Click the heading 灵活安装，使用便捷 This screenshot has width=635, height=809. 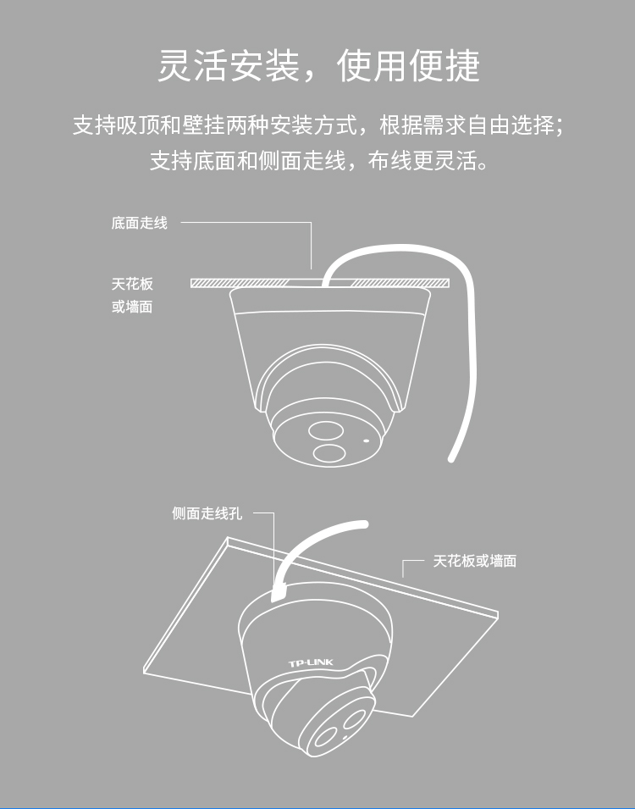coord(318,65)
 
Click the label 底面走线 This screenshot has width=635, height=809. coord(140,223)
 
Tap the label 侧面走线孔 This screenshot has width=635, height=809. coord(207,513)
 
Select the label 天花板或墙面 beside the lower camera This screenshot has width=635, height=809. coord(474,561)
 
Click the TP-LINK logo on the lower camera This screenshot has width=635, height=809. coord(311,662)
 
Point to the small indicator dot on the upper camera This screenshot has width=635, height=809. coord(367,441)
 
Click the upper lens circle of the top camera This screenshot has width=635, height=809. coord(326,431)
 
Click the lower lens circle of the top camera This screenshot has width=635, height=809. coord(329,453)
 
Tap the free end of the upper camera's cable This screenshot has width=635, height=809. coord(450,458)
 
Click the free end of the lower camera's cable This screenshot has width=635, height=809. coord(364,524)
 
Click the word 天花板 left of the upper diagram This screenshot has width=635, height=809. coord(132,284)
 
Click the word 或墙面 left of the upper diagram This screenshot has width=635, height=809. coord(132,307)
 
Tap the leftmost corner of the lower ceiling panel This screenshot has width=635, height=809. coord(143,671)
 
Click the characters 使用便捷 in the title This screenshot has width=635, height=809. coord(408,65)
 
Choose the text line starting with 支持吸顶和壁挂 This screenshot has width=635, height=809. coord(317,125)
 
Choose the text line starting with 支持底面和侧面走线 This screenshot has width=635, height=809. coord(319,160)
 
